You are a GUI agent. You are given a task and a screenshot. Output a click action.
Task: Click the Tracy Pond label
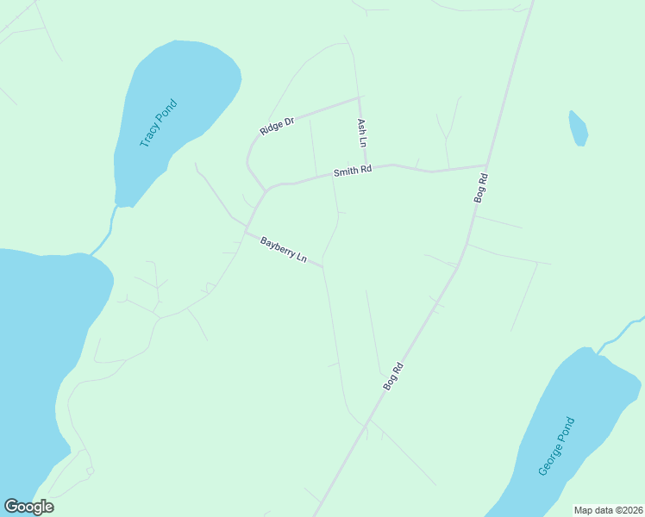159,123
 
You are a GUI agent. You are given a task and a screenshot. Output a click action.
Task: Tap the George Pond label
556,446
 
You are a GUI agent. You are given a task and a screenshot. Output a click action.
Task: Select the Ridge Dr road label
277,126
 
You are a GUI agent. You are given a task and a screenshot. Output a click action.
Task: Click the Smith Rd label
354,171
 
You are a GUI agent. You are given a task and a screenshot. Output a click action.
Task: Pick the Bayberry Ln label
284,251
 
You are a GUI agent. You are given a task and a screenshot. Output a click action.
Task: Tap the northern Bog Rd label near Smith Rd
482,188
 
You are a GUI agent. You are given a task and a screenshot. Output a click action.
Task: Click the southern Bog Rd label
393,377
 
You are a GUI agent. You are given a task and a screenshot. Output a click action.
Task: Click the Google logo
28,507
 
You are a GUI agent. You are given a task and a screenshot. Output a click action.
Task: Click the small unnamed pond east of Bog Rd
578,128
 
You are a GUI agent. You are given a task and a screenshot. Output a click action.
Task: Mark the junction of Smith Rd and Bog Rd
486,165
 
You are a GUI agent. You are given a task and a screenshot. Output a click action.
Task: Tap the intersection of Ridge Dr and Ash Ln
358,97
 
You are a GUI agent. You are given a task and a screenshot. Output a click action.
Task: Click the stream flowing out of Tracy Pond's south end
107,231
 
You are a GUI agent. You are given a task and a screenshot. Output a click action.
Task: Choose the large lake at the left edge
39,345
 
